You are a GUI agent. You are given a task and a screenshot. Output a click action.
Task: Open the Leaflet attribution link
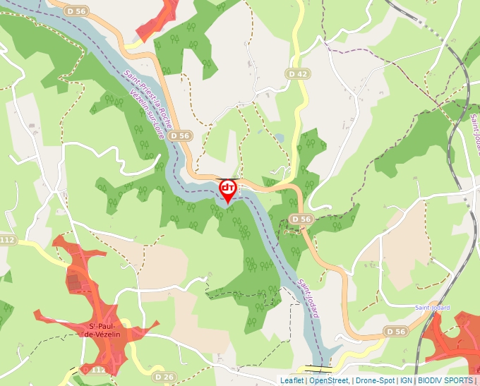pos(292,380)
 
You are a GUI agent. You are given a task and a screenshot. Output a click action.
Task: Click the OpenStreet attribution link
pos(329,380)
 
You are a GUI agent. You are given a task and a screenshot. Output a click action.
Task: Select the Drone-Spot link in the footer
pos(375,380)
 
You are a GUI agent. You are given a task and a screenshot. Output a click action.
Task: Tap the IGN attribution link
pos(406,380)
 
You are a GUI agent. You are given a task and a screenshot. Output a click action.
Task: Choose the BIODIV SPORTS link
pos(445,380)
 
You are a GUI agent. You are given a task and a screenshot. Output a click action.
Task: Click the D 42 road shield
pos(299,73)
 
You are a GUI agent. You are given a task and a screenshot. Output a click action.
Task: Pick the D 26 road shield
pos(164,377)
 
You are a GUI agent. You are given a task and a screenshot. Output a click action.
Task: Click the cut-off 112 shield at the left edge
pos(7,241)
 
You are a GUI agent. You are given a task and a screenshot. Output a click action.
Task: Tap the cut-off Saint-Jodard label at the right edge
pos(472,134)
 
